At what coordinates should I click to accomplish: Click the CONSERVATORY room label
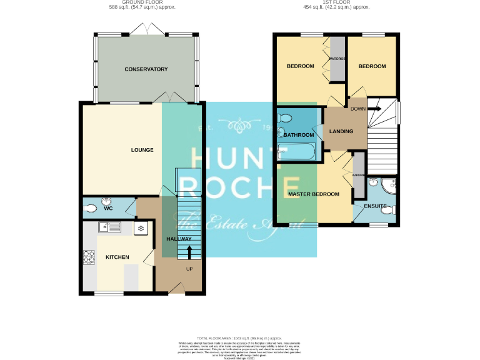point(146,69)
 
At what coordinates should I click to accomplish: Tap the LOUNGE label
point(142,150)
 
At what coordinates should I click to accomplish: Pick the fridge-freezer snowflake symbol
point(141,228)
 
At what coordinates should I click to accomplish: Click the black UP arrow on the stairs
point(189,252)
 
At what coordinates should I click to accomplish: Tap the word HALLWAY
point(179,239)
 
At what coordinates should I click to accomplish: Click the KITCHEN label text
point(117,257)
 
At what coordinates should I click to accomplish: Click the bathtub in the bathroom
point(297,151)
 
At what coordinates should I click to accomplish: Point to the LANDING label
point(341,132)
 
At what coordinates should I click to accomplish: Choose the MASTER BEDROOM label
point(314,194)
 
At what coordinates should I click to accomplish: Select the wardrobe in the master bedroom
point(359,176)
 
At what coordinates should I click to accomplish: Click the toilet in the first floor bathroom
point(284,117)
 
